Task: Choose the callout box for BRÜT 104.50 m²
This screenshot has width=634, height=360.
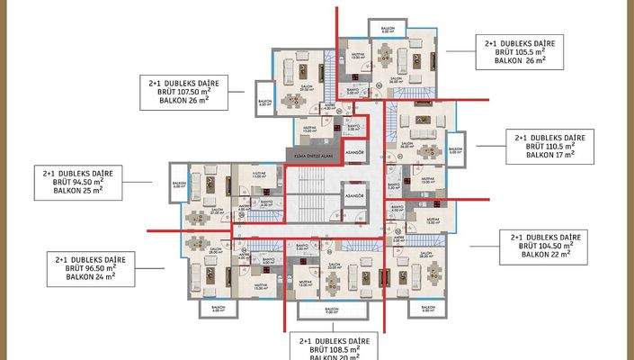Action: tap(547, 246)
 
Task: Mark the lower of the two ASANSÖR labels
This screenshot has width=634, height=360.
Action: tap(354, 196)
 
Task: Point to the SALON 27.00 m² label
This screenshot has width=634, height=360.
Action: tap(216, 212)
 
